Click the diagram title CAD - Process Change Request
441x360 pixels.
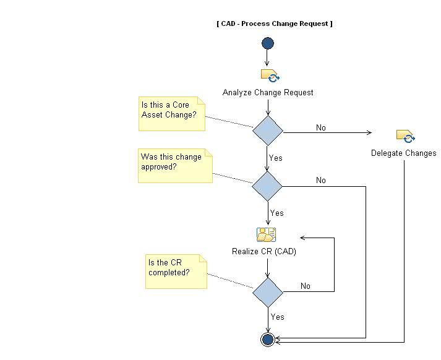tap(275, 24)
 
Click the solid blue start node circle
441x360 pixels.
tap(268, 43)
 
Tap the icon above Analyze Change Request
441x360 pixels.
tap(269, 76)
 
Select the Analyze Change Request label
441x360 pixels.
tap(268, 92)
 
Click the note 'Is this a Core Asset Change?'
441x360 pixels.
tap(171, 113)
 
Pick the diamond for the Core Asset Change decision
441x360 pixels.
tap(268, 131)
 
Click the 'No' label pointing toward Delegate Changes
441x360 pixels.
tap(320, 127)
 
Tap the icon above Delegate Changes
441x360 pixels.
tap(405, 136)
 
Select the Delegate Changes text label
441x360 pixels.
tap(403, 153)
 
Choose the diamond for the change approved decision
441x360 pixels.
tap(268, 186)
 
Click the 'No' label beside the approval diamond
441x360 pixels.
tap(320, 180)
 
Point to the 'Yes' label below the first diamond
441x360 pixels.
tap(276, 158)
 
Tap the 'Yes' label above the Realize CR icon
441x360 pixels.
tap(276, 213)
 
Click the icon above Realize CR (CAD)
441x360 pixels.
tap(267, 234)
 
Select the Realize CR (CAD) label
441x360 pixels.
tap(268, 251)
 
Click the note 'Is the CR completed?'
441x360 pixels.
tap(175, 270)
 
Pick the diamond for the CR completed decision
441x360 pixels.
tap(268, 291)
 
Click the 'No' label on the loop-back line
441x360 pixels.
tap(306, 286)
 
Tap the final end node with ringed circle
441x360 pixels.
tap(268, 339)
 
